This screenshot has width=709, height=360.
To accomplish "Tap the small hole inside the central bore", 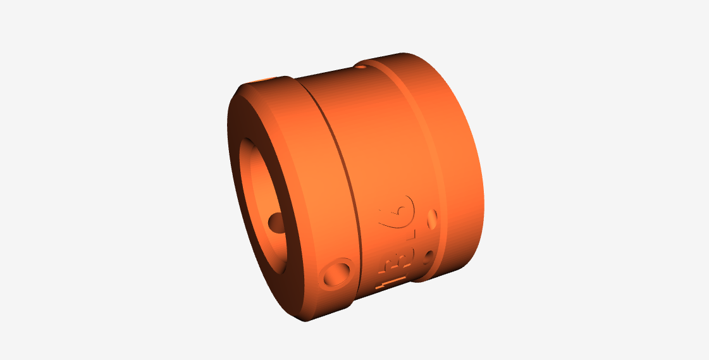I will coord(276,221).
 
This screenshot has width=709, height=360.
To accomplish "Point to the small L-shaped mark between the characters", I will coord(412,235).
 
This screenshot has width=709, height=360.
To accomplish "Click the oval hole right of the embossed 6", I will coord(433,219).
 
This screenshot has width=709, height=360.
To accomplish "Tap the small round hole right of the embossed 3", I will coord(429,256).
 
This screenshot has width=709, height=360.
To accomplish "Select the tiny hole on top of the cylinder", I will coord(361,65).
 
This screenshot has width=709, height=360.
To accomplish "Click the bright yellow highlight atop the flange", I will coord(263,80).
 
